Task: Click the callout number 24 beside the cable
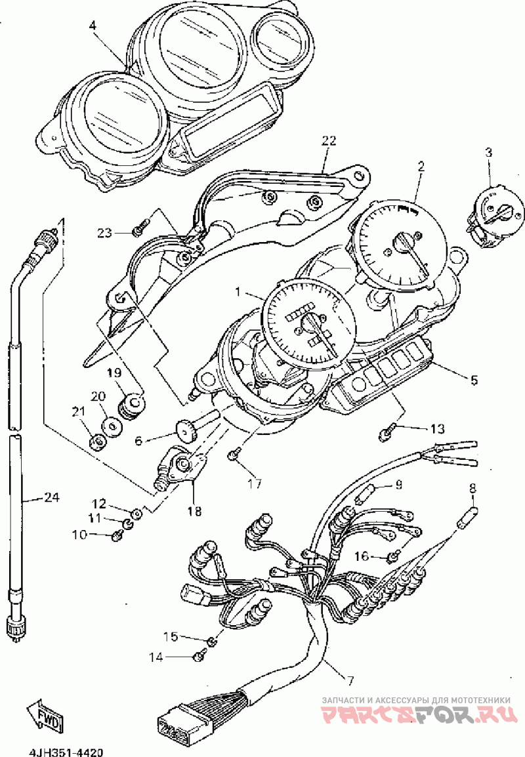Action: coord(51,498)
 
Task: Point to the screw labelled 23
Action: coord(138,231)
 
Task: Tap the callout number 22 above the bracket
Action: coord(329,140)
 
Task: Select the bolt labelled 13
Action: coord(387,432)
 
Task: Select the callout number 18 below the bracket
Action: coord(194,510)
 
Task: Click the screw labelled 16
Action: coord(392,557)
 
